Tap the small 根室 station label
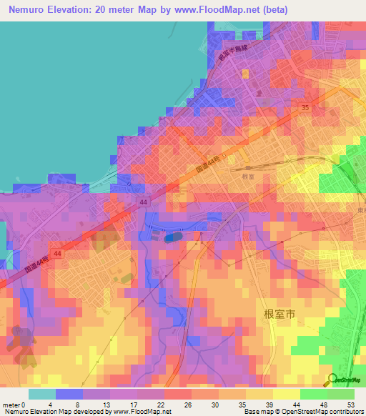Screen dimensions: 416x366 [248, 176]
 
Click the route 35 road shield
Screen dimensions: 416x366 [305, 107]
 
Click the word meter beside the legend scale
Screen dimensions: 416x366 [12, 403]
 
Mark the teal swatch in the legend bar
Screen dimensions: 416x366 [41, 394]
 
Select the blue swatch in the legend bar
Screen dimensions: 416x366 [69, 394]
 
